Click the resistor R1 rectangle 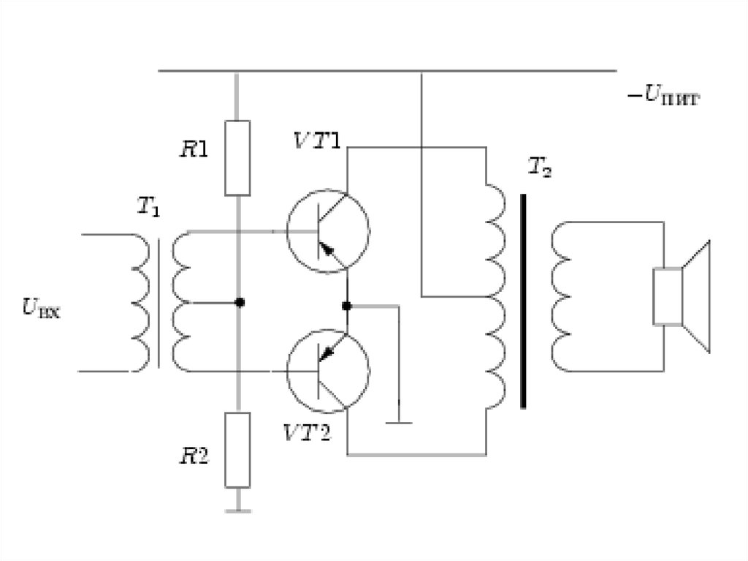tap(237, 158)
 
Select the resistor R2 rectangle tap(237, 450)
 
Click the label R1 tap(194, 150)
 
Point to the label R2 tap(194, 456)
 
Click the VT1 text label tap(317, 140)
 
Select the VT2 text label tap(307, 433)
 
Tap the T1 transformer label tap(148, 206)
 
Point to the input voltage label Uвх tap(42, 308)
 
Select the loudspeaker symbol tap(682, 297)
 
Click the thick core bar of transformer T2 tap(523, 301)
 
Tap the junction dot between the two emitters tap(347, 306)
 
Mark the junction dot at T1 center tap tap(240, 303)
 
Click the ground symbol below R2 tap(238, 511)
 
